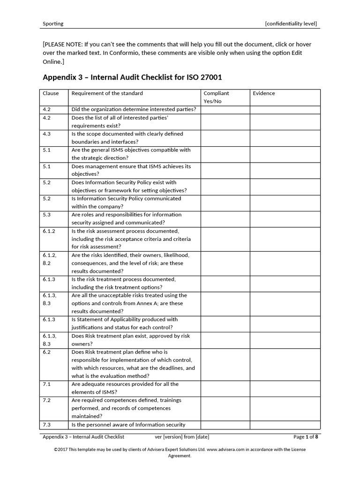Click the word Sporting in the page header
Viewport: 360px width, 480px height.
pos(53,23)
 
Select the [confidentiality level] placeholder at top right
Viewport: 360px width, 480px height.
pos(291,23)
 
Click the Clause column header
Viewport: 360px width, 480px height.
pos(51,93)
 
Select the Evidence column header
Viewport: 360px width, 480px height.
pos(264,93)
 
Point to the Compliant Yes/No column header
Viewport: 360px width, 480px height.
pos(216,97)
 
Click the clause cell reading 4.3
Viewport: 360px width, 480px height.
pos(47,134)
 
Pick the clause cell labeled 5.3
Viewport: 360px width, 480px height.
pos(47,215)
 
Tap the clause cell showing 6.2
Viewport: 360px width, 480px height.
pos(47,352)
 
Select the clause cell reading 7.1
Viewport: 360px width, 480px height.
pos(47,384)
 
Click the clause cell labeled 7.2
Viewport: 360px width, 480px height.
pos(47,400)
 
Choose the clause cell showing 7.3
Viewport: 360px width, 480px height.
pos(47,425)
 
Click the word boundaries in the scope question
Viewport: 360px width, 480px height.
pos(86,142)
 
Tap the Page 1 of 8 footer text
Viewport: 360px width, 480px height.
pos(306,437)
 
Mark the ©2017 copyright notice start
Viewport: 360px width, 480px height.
pos(62,450)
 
